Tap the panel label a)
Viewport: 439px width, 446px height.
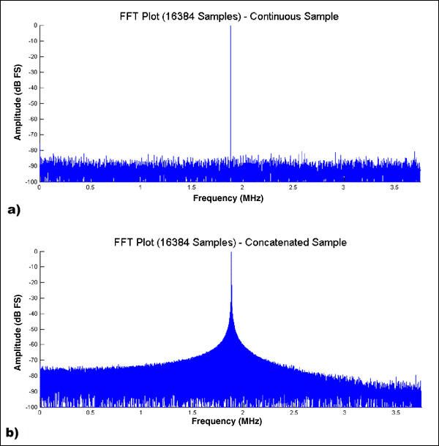[x=12, y=210]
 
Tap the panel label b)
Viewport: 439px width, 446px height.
[x=12, y=434]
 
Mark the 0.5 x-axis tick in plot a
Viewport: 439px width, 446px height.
[x=90, y=189]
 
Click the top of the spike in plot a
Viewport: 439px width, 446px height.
[x=231, y=26]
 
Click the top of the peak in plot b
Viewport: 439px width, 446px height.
[x=231, y=253]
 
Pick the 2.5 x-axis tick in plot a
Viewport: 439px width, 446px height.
[x=293, y=189]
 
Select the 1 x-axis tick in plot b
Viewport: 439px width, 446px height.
[x=140, y=414]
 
